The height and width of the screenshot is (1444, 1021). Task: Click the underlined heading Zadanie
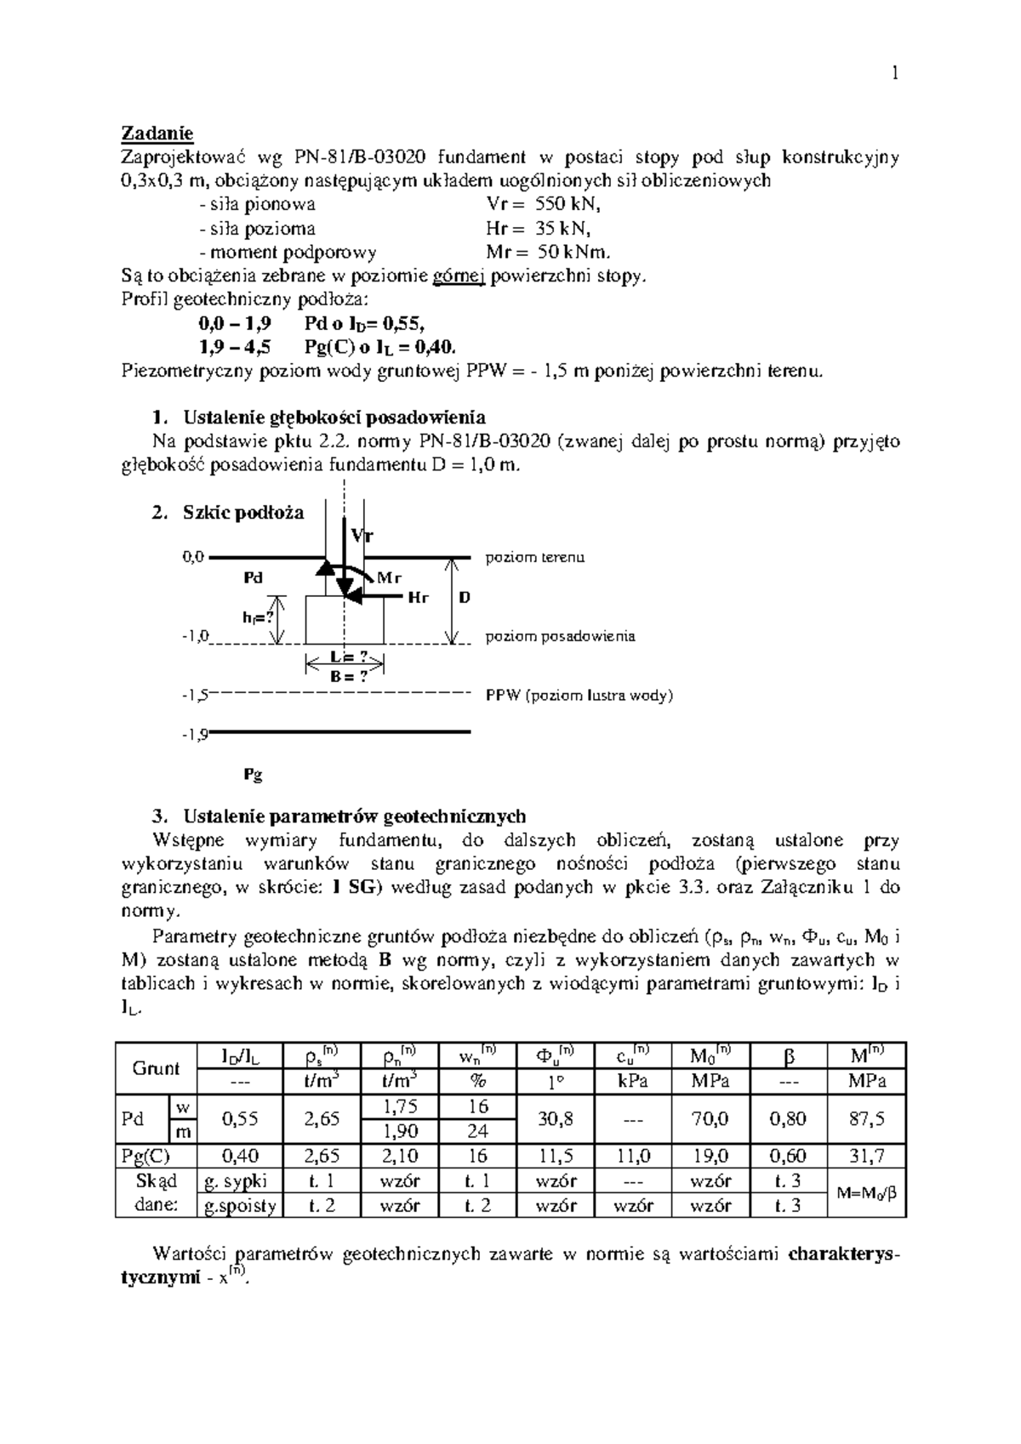[x=157, y=134]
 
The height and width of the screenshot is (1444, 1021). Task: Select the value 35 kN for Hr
[x=563, y=229]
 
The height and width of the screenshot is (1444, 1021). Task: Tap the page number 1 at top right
[x=894, y=74]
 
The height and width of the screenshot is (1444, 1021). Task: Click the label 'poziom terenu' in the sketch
[x=534, y=558]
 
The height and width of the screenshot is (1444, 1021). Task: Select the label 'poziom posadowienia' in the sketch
[x=560, y=636]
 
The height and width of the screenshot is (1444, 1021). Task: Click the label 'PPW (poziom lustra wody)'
[x=579, y=696]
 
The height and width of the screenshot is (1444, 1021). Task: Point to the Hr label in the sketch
[x=417, y=598]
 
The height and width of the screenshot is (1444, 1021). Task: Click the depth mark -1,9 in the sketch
[x=195, y=735]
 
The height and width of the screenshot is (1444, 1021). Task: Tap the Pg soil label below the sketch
[x=253, y=775]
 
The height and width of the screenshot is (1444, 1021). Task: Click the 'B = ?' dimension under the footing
[x=349, y=677]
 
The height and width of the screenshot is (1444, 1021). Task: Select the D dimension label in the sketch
[x=465, y=598]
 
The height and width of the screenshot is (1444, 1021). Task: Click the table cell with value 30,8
[x=556, y=1119]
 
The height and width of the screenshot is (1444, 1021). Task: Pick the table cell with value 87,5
[x=867, y=1119]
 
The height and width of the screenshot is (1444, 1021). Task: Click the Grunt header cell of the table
[x=156, y=1068]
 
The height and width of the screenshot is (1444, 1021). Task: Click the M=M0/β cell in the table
[x=867, y=1193]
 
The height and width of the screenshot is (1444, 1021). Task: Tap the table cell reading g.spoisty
[x=236, y=1206]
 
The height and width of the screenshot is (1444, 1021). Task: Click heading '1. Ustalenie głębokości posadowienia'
[x=319, y=418]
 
